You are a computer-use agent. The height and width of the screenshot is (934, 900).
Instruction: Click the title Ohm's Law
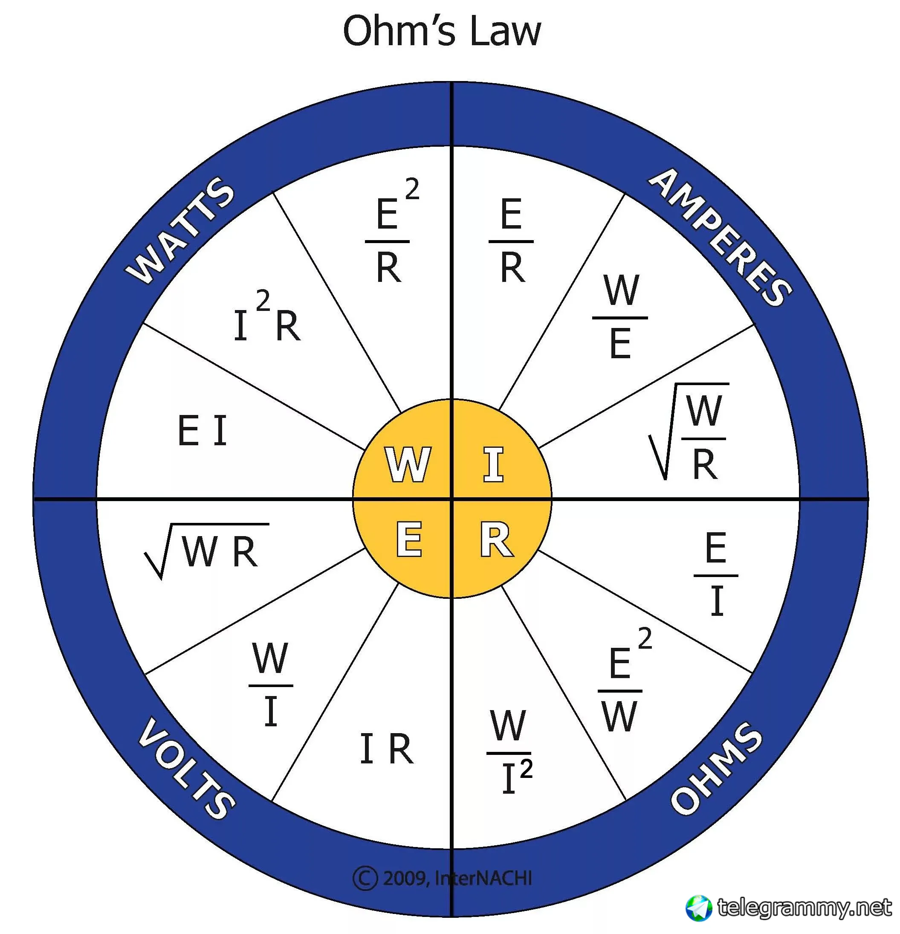coord(442,32)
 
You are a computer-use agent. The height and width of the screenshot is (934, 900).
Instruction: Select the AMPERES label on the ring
coord(719,237)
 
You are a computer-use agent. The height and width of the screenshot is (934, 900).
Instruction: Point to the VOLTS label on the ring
coord(186,768)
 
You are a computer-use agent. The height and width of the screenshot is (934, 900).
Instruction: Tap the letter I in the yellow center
coord(493,464)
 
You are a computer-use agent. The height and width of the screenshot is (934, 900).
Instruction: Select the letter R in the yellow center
coord(496,540)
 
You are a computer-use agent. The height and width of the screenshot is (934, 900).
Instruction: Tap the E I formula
coord(203,430)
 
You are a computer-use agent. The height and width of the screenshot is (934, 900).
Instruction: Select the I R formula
coord(386,748)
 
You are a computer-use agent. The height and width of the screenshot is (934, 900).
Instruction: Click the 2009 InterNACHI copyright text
coord(443,878)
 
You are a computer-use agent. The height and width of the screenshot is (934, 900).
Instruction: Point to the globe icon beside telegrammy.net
coord(698,908)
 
